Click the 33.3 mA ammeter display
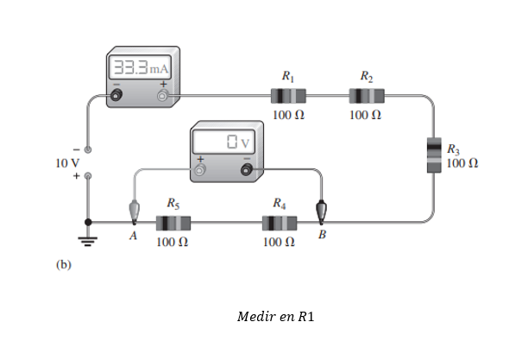coord(140,67)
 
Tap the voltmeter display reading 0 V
coord(223,142)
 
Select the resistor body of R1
coord(288,96)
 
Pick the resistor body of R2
coord(367,96)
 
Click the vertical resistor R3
coord(434,155)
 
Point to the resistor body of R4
coord(280,223)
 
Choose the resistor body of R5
coord(173,223)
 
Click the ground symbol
coord(88,242)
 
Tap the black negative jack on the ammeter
coord(116,95)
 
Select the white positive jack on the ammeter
coord(163,96)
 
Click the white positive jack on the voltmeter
coord(199,170)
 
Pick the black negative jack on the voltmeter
coord(247,169)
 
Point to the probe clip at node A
coord(135,212)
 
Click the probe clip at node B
coord(321,212)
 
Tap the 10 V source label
coord(67,163)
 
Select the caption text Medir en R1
coord(275,317)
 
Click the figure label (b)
coord(64,264)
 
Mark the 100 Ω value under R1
coord(288,115)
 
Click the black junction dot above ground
coord(88,222)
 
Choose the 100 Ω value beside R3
coord(462,163)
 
